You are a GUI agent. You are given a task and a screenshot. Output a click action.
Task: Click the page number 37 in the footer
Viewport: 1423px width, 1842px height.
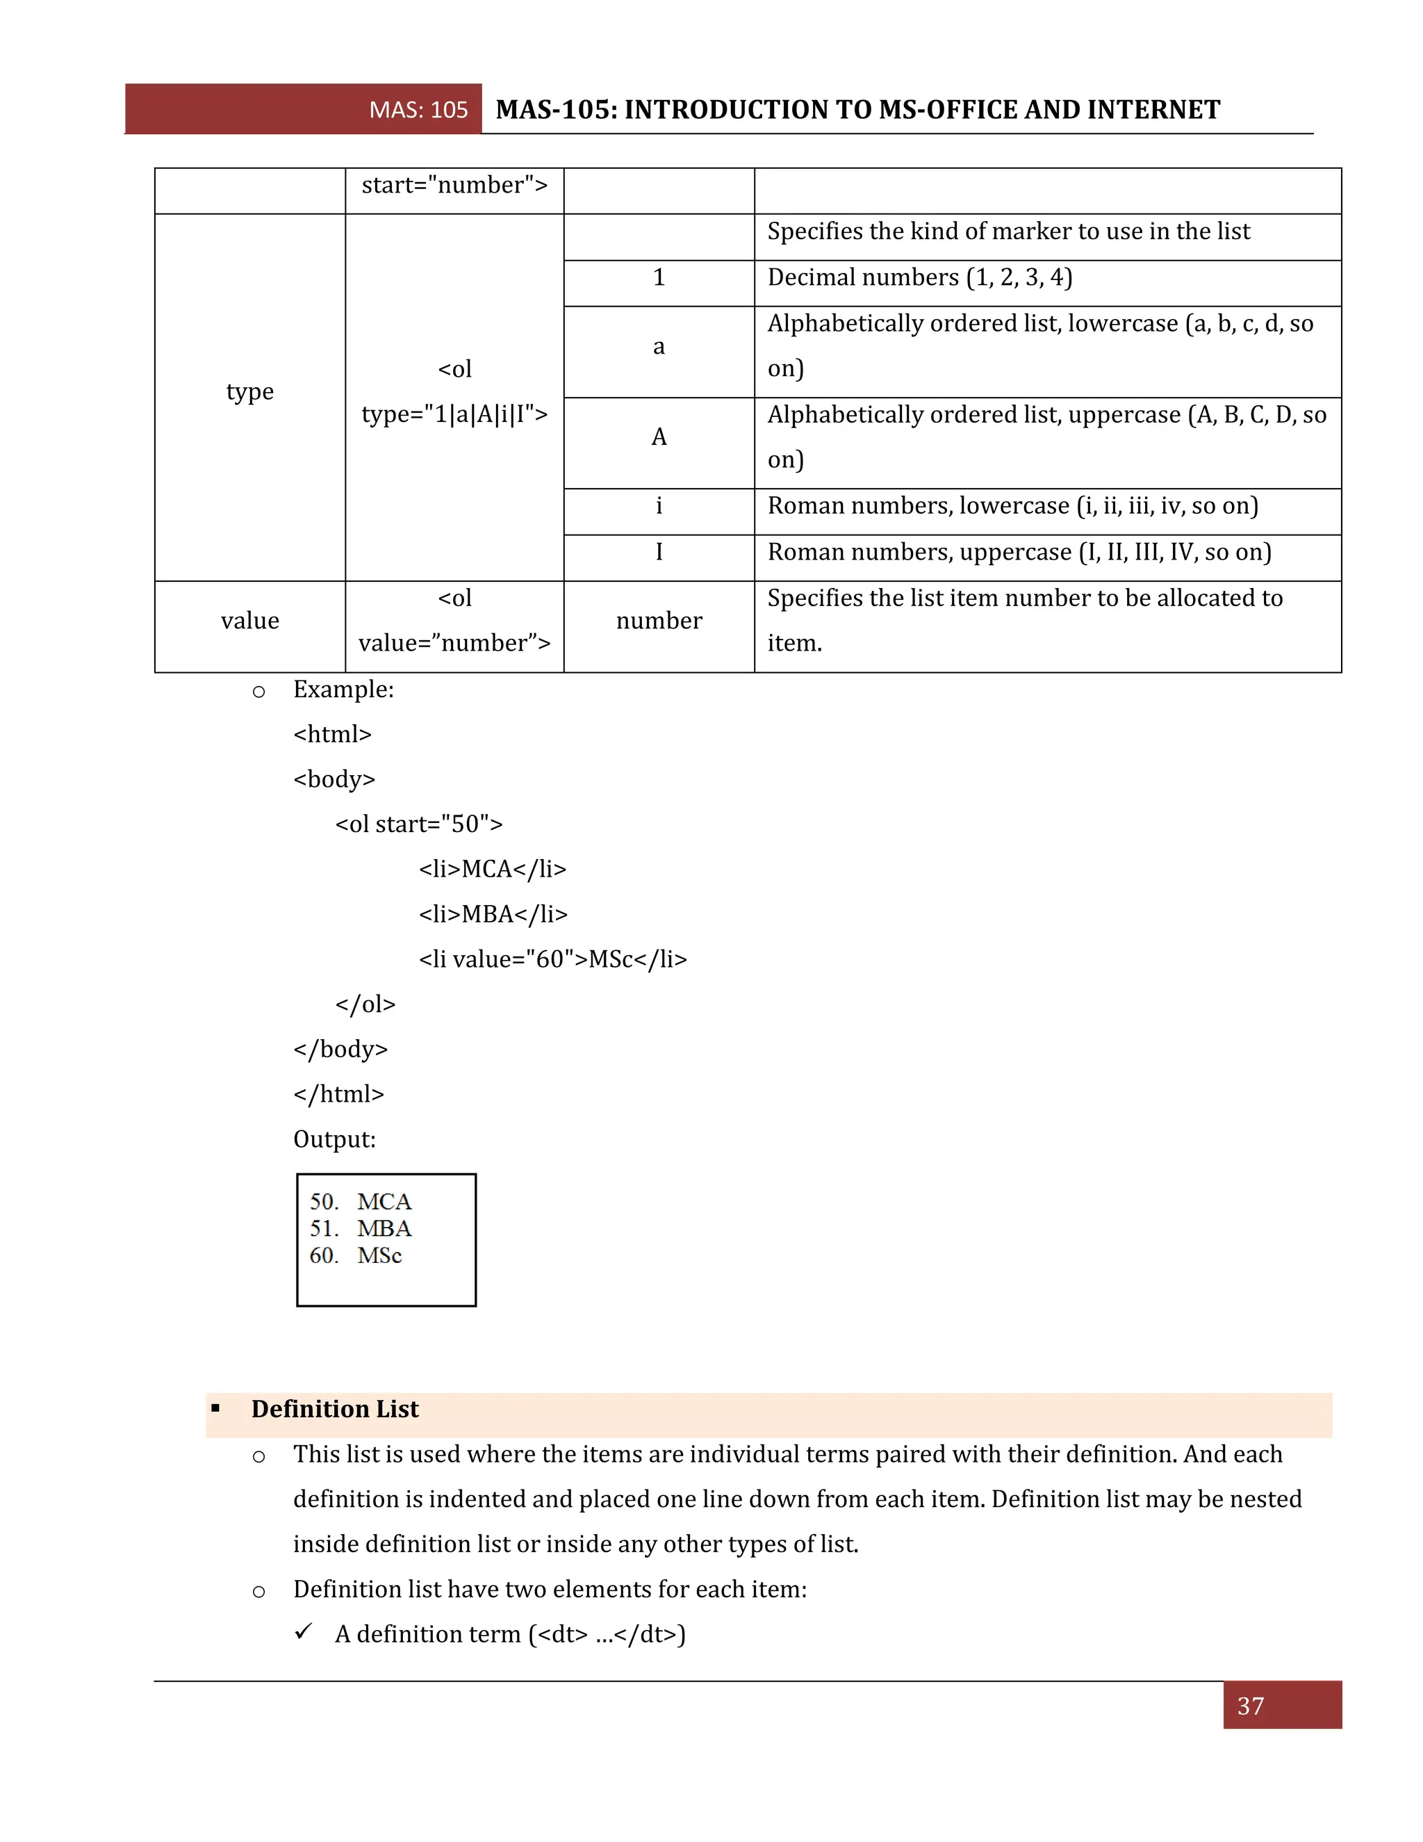(1250, 1706)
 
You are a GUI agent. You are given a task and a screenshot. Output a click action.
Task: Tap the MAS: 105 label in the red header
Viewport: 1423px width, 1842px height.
(418, 110)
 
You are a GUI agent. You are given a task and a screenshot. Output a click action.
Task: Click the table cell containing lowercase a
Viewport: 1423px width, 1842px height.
(659, 347)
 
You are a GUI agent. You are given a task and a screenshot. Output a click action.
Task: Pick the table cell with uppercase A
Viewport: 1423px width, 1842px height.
(659, 437)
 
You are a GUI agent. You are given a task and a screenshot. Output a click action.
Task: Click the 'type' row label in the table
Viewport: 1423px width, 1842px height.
(249, 391)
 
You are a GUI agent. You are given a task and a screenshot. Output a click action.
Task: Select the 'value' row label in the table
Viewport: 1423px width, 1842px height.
(249, 621)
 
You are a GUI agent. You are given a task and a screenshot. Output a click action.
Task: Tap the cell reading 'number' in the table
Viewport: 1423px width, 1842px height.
(659, 621)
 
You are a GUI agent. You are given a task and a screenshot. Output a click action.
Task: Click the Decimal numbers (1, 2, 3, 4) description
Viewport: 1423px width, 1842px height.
(919, 277)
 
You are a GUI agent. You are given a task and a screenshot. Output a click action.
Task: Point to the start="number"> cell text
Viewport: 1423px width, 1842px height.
(454, 186)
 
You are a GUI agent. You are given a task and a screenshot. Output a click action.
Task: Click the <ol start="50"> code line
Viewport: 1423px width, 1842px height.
(419, 824)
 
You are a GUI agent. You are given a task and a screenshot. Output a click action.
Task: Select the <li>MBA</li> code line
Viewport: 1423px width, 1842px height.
(493, 914)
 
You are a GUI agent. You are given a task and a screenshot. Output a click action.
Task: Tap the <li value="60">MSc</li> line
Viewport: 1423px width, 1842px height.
(553, 959)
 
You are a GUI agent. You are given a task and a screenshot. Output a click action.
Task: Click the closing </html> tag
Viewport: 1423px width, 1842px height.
(339, 1094)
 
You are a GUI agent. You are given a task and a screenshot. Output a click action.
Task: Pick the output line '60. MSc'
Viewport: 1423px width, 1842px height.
(355, 1256)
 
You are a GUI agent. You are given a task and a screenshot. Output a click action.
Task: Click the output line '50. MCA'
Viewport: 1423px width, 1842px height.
(360, 1202)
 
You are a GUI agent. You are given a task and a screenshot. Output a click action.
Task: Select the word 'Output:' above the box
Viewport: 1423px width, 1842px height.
(335, 1139)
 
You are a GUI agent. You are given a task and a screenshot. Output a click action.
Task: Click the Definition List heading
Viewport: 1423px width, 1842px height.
(335, 1410)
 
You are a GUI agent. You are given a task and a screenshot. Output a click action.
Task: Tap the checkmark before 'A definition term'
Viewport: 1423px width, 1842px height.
(304, 1632)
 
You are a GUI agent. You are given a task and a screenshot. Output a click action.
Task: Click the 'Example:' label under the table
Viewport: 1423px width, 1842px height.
(343, 690)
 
